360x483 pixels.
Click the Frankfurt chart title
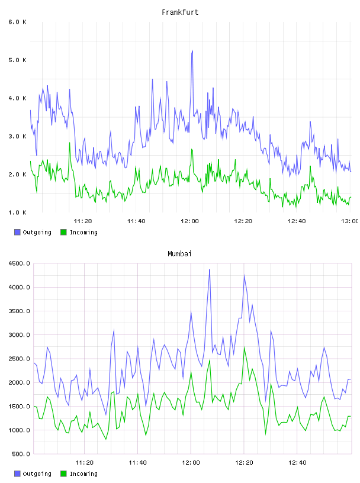pos(180,12)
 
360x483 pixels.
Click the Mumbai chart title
pos(179,254)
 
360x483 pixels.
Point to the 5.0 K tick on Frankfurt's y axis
pos(18,60)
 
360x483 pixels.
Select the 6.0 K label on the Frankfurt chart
pos(18,22)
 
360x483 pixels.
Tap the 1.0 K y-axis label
pos(18,212)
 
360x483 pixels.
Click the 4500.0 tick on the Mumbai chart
pos(19,263)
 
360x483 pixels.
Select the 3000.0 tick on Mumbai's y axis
pos(19,335)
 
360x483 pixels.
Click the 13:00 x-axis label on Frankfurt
pos(350,221)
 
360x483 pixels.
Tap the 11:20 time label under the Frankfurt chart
pos(83,221)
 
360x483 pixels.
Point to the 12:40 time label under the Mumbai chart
pos(297,463)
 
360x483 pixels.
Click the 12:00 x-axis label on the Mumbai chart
pos(191,463)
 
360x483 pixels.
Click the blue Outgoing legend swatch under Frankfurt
pos(17,232)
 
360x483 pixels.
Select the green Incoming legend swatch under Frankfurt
pos(63,232)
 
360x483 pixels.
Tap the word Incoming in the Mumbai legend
pos(83,474)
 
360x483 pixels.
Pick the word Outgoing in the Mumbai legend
pos(37,474)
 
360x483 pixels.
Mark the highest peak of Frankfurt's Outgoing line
pos(192,51)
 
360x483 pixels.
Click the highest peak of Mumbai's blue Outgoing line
pos(210,270)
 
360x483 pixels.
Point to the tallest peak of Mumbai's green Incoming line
pos(245,347)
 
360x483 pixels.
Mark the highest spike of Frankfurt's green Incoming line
pos(70,143)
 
